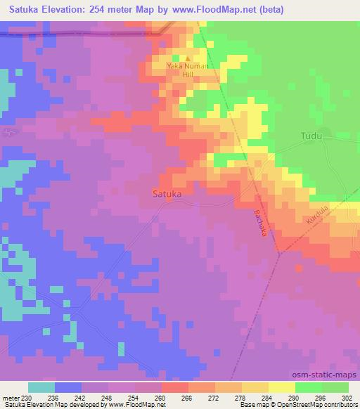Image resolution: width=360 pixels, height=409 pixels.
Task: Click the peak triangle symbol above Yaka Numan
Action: point(187,58)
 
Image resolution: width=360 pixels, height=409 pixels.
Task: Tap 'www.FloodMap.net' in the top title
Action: point(228,9)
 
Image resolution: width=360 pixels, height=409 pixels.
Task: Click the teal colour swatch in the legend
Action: point(42,387)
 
